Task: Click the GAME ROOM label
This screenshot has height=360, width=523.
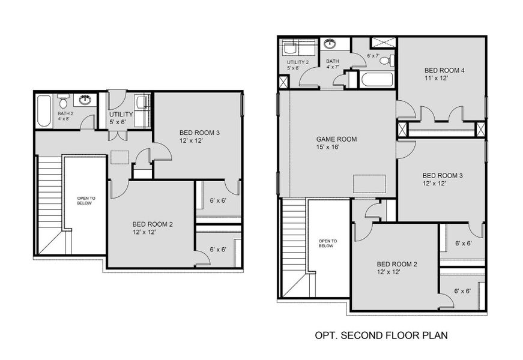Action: (336, 139)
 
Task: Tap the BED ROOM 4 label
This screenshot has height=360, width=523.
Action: (444, 70)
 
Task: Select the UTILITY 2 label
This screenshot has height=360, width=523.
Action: (298, 62)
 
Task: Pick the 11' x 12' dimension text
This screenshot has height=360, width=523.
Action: (436, 79)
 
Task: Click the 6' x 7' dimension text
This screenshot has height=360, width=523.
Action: (373, 56)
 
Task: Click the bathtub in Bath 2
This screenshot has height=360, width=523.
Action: (44, 111)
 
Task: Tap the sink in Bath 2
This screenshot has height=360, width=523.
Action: (86, 100)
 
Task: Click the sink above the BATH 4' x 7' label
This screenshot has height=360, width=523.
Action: (329, 44)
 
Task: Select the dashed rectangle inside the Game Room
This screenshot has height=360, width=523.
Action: (369, 183)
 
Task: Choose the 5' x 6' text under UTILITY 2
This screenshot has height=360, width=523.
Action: (294, 68)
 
